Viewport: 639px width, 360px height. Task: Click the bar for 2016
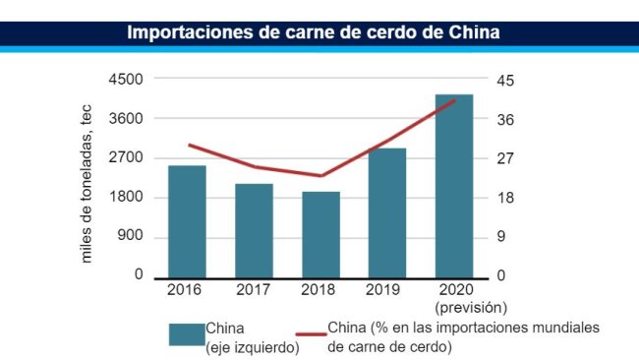pos(187,221)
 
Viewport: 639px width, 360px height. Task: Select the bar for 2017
pos(254,230)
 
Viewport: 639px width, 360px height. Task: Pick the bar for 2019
pos(387,212)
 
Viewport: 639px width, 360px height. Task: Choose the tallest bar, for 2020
pos(454,186)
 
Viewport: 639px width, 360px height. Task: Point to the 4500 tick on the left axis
pos(126,79)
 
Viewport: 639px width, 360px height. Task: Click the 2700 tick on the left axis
pos(126,157)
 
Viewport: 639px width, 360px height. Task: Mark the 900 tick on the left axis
pos(130,236)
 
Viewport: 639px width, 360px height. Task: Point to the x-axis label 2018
pos(320,290)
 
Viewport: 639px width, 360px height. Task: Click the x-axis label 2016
pos(187,290)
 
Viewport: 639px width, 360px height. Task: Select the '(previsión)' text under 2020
pos(454,307)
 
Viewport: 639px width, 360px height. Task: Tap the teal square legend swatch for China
pos(186,334)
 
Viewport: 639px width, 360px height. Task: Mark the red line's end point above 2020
pos(454,99)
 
